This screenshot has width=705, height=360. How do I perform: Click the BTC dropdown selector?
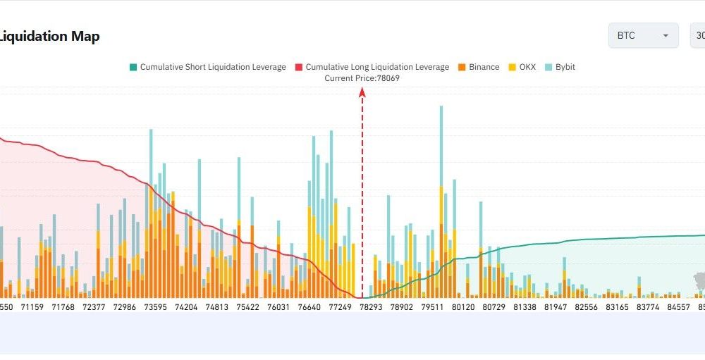point(643,36)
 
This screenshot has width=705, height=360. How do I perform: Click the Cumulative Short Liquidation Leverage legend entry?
point(207,67)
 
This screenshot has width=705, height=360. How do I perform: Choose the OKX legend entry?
point(522,67)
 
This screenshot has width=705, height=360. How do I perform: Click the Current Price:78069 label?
point(362,78)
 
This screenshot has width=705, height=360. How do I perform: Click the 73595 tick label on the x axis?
point(155,307)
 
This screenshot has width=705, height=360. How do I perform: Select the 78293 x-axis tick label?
point(371,307)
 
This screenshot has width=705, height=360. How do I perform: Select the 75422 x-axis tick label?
point(248,307)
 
